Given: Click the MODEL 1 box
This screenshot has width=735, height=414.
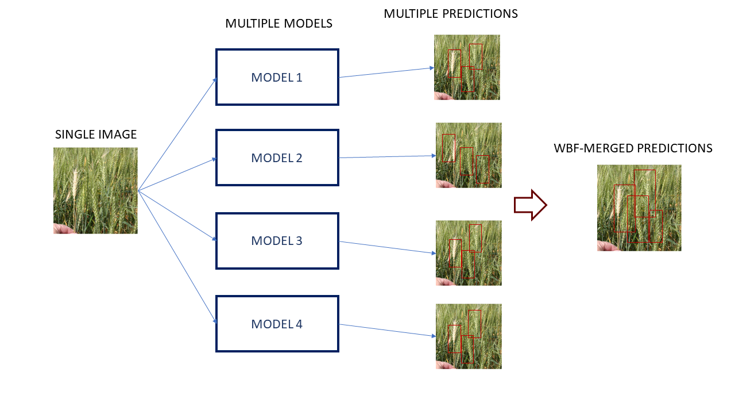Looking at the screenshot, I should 277,77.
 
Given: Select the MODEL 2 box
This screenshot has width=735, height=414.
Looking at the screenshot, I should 277,158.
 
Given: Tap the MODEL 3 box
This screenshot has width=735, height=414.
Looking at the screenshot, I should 277,240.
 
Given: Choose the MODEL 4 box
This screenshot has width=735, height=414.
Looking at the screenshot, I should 277,324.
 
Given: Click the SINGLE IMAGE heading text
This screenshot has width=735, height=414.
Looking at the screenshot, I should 96,135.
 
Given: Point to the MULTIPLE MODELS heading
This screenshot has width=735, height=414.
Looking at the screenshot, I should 278,24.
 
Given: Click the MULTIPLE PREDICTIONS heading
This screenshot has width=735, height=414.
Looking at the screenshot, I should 451,14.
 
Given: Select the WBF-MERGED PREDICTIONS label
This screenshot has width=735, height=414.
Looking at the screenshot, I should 633,148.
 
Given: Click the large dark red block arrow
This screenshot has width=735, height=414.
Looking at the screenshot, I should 529,205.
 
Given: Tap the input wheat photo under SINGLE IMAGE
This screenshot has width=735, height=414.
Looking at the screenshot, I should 95,190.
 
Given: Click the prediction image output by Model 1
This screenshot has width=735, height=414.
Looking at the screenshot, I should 467,67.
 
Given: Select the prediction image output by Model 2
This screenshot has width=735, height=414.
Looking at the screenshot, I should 469,155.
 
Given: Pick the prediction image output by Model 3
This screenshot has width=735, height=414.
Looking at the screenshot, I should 469,253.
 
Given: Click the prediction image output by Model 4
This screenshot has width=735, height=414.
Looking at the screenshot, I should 469,336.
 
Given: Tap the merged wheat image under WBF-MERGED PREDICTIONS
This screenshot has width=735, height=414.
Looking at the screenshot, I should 639,208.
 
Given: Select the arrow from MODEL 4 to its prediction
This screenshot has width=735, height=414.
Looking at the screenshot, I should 386,331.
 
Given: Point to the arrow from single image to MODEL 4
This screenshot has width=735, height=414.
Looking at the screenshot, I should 178,258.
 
